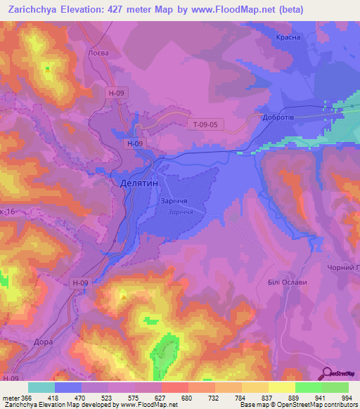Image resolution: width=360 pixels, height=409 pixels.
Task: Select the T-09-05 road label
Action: tap(207, 125)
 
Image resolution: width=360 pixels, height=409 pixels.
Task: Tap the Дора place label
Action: tap(43, 342)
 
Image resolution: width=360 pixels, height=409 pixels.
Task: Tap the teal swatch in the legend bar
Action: tap(41, 387)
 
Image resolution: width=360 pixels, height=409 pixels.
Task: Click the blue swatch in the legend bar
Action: tap(68, 387)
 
